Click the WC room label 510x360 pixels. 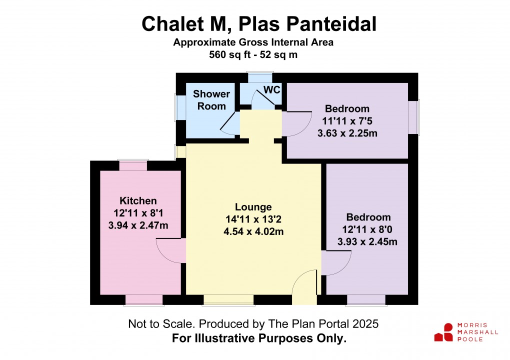(x=271, y=89)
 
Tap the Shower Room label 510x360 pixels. (x=211, y=100)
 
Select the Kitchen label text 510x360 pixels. (x=138, y=200)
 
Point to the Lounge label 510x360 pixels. (x=253, y=207)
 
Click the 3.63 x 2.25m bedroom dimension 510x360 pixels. (x=347, y=133)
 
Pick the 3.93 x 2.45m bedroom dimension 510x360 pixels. (x=367, y=241)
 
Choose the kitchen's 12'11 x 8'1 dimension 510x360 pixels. (x=138, y=213)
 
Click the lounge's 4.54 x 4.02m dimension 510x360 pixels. (x=253, y=231)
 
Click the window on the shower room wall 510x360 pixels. (x=180, y=107)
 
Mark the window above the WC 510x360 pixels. (x=259, y=77)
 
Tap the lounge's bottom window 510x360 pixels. (x=228, y=300)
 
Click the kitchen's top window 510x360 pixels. (x=133, y=165)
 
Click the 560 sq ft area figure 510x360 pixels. (x=229, y=54)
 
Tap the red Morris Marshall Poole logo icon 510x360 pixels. (x=444, y=332)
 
